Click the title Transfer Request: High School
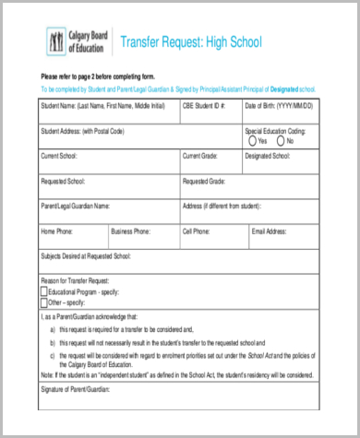coord(192,42)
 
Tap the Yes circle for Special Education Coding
coord(253,141)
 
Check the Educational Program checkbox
coord(43,290)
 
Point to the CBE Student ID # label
coord(204,107)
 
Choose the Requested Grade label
coord(207,181)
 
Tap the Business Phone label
coord(134,231)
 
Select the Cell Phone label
coord(198,231)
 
